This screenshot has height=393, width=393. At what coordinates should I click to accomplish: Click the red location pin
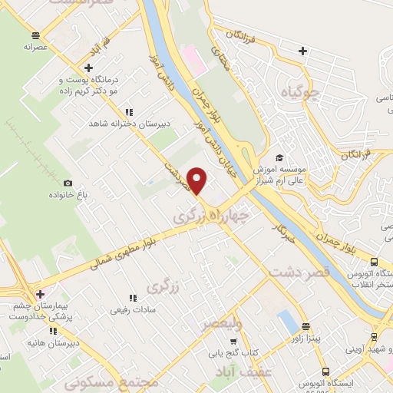(198, 180)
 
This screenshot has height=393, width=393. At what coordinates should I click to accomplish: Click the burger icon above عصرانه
(35, 35)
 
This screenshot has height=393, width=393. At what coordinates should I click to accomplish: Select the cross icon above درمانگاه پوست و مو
(88, 68)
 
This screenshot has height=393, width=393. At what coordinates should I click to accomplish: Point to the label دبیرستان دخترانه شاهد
(127, 123)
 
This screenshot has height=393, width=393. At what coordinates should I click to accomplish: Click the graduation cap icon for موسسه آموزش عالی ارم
(279, 157)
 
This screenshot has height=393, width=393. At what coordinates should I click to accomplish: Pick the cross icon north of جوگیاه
(303, 51)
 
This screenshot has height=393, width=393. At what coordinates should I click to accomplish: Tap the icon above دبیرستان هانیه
(53, 331)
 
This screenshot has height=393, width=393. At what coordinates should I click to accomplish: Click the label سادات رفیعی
(131, 310)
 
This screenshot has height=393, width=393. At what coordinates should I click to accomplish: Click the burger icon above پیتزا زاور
(305, 325)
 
